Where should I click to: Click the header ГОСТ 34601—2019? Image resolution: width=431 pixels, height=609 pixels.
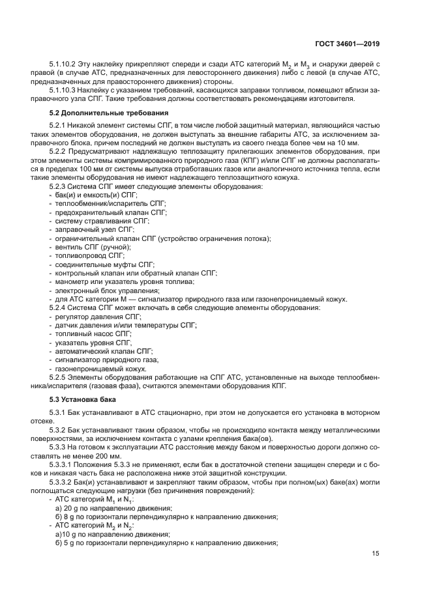[x=348, y=44]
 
